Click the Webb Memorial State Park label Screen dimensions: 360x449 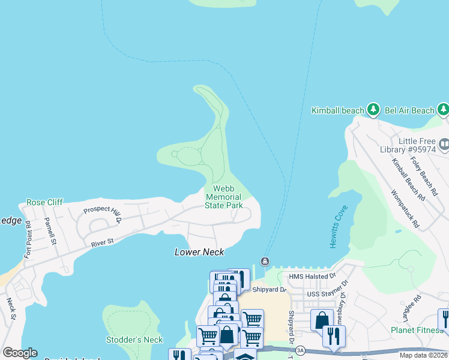(x=223, y=197)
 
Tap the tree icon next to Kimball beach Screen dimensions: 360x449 (x=374, y=109)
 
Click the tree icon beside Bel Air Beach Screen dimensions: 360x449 (x=443, y=109)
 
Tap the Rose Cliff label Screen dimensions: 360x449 (x=44, y=202)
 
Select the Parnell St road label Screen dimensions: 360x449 (x=50, y=231)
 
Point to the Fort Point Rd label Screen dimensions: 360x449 (x=28, y=241)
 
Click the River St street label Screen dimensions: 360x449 (x=102, y=242)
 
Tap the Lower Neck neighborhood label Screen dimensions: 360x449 (x=199, y=252)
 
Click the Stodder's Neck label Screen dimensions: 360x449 (x=134, y=340)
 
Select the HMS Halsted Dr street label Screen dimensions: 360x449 (x=312, y=276)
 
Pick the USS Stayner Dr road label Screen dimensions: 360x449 (x=328, y=289)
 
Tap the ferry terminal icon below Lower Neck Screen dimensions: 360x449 (x=265, y=260)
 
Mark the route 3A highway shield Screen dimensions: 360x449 (x=301, y=349)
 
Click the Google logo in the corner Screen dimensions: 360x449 (x=20, y=353)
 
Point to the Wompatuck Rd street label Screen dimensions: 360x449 (x=403, y=209)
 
